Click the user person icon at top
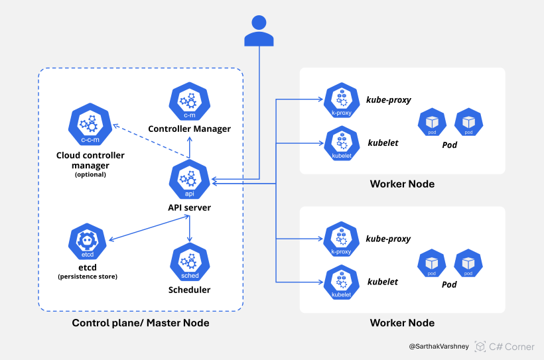(259, 31)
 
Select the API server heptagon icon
(190, 180)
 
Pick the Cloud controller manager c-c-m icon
(90, 125)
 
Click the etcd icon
(88, 242)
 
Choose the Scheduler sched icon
(190, 263)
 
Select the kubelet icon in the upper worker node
(341, 144)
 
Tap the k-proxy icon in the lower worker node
(341, 239)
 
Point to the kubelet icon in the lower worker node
(341, 282)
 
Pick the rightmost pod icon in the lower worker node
(468, 263)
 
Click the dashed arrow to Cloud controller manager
(146, 140)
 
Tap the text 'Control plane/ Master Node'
(141, 323)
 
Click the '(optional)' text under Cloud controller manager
(90, 174)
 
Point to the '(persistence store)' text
(88, 276)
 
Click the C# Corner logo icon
(480, 346)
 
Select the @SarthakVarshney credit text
(438, 346)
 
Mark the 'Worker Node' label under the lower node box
(402, 323)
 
